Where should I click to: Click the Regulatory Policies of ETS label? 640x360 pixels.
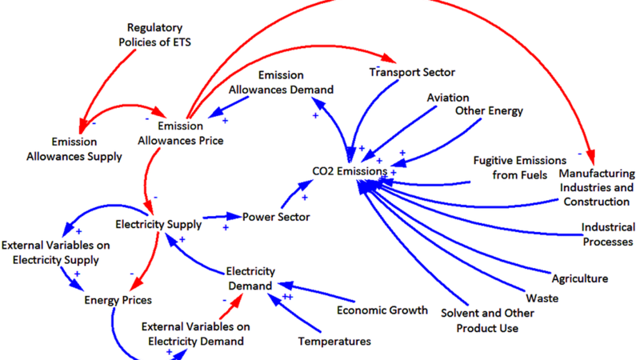[154, 35]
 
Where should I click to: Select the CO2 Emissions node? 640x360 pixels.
[349, 171]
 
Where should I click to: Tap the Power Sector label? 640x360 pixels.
[276, 217]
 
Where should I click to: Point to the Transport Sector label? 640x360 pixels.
[412, 72]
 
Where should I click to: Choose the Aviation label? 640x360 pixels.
[448, 97]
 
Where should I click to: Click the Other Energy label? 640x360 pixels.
[489, 111]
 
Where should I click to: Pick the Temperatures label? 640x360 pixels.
[334, 341]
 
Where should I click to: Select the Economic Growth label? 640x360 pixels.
[382, 310]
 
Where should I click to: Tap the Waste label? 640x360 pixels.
[542, 298]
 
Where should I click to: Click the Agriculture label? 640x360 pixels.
[579, 278]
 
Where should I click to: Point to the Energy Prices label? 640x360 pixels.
[118, 300]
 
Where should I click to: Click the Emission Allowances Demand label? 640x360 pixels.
[281, 82]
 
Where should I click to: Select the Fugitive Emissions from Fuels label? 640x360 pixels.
[519, 167]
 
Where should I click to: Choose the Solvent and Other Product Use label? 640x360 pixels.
[487, 320]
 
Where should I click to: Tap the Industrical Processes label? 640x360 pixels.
[608, 234]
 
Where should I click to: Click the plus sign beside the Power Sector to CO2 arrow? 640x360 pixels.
[305, 197]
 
